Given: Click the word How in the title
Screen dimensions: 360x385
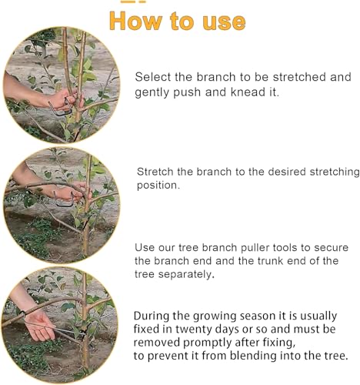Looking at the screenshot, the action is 136,21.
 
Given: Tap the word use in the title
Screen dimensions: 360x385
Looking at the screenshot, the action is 224,22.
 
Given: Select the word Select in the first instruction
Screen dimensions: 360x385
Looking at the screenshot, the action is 153,77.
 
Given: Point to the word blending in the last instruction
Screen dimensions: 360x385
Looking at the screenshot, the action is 253,356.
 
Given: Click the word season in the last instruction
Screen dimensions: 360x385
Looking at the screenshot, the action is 253,316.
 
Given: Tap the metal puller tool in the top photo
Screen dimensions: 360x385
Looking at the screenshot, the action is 61,109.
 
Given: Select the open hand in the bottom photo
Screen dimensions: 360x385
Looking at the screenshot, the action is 41,325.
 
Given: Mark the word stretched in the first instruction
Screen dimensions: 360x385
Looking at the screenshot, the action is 299,77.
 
